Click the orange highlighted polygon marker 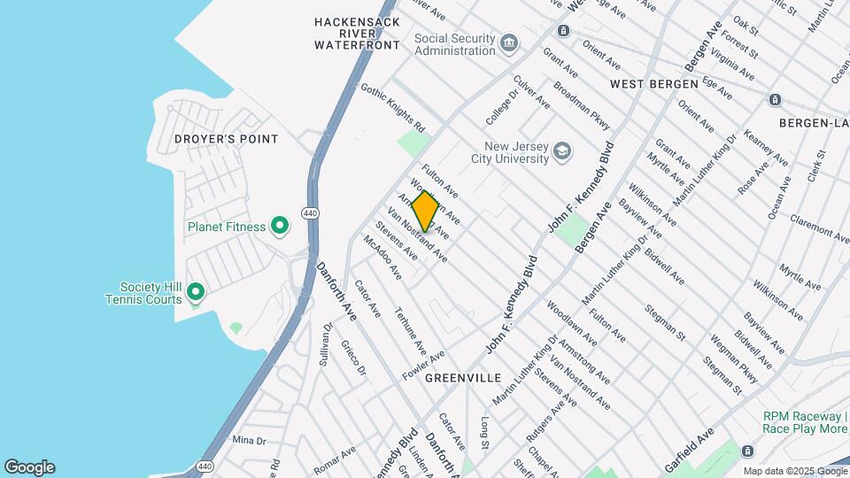point(425,212)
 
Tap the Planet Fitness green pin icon point(280,227)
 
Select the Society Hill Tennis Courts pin point(197,292)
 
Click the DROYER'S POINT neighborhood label point(226,139)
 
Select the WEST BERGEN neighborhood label point(650,83)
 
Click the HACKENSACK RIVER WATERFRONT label point(357,33)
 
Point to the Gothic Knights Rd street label point(392,107)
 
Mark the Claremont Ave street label point(819,227)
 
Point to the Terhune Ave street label point(410,329)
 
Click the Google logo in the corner point(29,467)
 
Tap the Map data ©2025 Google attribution point(794,471)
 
